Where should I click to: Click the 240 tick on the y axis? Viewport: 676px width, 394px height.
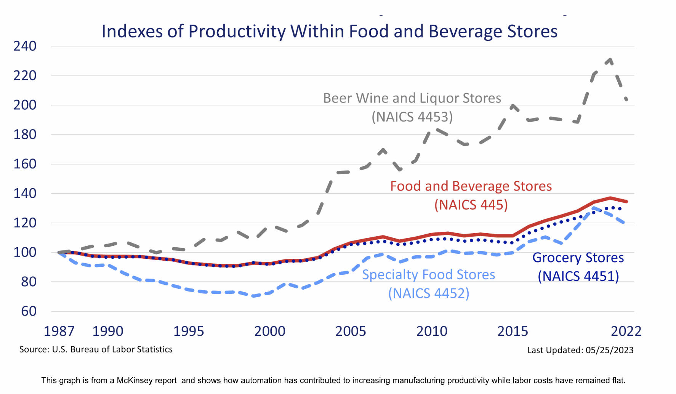tap(25, 46)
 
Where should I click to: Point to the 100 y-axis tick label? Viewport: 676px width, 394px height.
tap(25, 252)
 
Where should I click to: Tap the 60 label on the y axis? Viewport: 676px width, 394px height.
tap(29, 311)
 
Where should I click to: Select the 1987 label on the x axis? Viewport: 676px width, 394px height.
tap(59, 331)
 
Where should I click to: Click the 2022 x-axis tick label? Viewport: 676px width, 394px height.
tap(626, 331)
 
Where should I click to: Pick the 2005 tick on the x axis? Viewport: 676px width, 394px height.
tap(351, 331)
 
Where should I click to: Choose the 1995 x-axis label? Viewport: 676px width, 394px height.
tap(189, 331)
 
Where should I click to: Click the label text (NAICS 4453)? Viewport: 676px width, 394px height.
tap(412, 117)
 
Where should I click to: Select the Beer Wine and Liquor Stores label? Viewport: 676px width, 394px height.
tap(412, 98)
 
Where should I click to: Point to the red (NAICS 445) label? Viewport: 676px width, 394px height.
tap(471, 205)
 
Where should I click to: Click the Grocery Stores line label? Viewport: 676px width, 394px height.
tap(578, 258)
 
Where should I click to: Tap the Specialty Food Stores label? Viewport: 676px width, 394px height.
tap(428, 275)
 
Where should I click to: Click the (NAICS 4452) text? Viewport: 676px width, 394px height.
tap(429, 293)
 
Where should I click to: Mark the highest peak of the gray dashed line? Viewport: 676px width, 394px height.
tap(610, 59)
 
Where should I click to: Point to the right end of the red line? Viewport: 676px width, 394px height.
tap(626, 202)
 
